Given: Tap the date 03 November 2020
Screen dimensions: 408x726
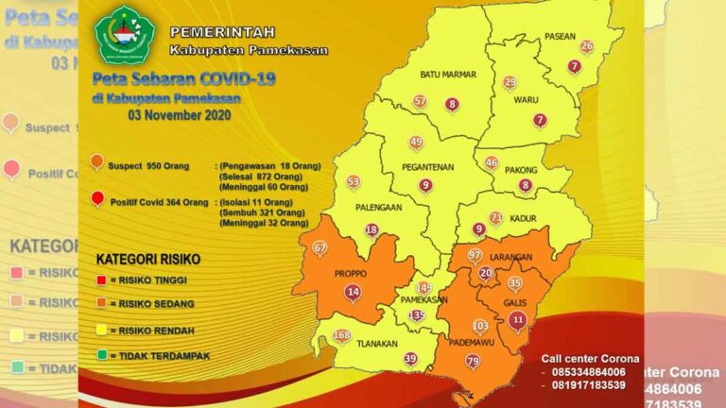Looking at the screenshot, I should click(x=179, y=114).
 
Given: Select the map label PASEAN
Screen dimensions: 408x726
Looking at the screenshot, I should click(x=560, y=37).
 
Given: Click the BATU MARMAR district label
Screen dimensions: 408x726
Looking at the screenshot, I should click(x=448, y=74).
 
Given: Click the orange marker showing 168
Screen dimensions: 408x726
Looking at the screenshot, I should click(x=342, y=335).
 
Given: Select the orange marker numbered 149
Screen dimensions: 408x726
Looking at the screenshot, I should click(x=423, y=287).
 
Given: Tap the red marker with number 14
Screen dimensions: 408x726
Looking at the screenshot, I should click(x=353, y=293).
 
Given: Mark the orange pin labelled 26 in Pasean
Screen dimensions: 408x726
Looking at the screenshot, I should click(x=586, y=46).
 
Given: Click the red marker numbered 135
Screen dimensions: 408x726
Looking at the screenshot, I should click(x=417, y=315).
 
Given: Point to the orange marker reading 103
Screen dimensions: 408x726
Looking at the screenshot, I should click(x=480, y=326).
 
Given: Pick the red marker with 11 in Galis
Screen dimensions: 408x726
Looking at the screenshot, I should click(x=516, y=320).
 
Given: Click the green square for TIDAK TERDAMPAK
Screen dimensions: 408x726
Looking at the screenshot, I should click(x=101, y=356).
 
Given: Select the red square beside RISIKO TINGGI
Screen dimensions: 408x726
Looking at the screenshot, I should click(x=101, y=280).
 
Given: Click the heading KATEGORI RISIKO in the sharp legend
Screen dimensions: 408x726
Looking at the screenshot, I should click(x=147, y=258).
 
